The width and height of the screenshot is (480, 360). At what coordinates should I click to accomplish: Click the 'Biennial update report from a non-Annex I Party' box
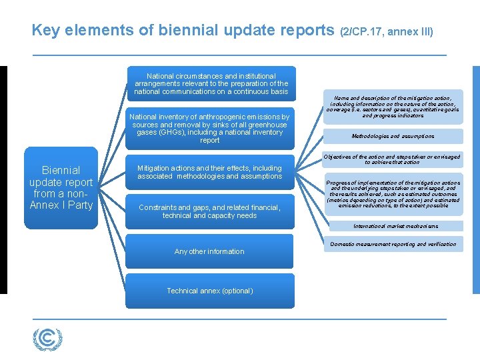tap(61, 187)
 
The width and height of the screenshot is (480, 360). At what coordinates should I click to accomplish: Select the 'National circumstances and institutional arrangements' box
tap(211, 84)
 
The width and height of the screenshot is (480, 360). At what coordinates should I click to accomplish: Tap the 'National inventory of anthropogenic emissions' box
tap(209, 128)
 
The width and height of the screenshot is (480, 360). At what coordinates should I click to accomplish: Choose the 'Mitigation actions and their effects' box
tap(209, 172)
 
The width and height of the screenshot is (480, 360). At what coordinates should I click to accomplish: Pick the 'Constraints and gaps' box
tap(209, 211)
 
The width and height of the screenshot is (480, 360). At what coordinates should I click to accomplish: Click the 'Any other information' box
tap(209, 251)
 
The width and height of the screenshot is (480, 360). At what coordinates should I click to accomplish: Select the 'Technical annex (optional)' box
tap(209, 291)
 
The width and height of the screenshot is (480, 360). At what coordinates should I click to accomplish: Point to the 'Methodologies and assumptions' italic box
tap(393, 136)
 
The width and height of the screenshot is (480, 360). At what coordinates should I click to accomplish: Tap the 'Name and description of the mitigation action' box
tap(393, 106)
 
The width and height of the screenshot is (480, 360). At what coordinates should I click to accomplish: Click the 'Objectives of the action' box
tap(393, 159)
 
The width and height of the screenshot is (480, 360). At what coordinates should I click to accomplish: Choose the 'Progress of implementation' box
tap(393, 194)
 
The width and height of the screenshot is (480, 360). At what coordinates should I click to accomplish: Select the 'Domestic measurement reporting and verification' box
tap(393, 244)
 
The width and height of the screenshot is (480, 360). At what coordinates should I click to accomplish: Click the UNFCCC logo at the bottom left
tap(48, 339)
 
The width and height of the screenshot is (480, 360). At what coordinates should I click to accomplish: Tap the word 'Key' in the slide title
tap(45, 31)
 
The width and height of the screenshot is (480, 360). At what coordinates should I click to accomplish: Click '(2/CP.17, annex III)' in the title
tap(387, 31)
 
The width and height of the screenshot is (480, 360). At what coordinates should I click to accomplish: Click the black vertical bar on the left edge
tap(3, 179)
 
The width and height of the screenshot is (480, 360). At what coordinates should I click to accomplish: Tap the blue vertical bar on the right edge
tap(475, 179)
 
